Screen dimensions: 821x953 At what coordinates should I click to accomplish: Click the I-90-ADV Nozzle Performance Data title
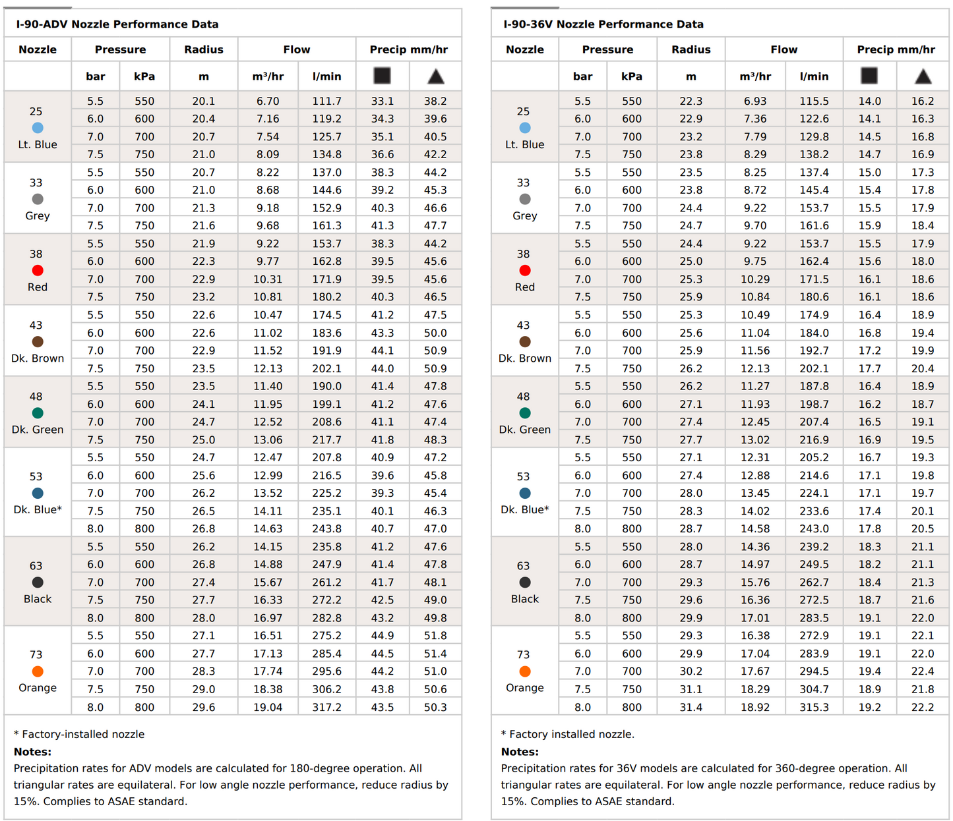click(x=117, y=24)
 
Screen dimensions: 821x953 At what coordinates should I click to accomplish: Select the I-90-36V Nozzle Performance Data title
click(x=603, y=24)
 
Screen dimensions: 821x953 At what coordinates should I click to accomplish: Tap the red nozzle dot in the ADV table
click(x=38, y=270)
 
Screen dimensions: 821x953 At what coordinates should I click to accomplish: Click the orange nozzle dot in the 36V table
click(x=525, y=671)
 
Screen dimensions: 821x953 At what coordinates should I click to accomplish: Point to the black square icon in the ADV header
click(x=382, y=76)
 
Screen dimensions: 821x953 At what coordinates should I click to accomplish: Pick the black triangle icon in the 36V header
click(x=923, y=76)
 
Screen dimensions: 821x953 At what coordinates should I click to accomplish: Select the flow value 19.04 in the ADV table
click(x=268, y=707)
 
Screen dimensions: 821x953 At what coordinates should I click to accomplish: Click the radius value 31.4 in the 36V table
click(x=691, y=707)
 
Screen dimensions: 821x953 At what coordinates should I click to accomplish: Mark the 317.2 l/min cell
click(x=326, y=707)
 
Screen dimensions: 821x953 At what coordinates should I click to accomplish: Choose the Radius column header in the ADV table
click(x=203, y=49)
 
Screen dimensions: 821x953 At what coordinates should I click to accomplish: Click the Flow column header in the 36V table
click(x=784, y=49)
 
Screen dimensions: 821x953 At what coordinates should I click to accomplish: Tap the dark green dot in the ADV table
click(x=38, y=413)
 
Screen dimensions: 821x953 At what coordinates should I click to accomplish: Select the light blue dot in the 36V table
click(x=525, y=128)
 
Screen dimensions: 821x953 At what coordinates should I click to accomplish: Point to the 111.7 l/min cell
click(x=326, y=101)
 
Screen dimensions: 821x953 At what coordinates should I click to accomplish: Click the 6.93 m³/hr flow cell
click(x=755, y=101)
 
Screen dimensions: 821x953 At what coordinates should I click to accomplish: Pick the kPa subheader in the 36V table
click(x=631, y=76)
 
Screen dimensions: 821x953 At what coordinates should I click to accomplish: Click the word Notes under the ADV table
click(x=32, y=752)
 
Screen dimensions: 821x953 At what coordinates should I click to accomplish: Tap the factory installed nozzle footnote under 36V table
click(x=568, y=734)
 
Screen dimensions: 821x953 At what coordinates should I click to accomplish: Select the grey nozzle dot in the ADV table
click(x=38, y=199)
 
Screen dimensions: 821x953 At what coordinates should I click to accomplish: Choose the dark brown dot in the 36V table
click(x=525, y=342)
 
